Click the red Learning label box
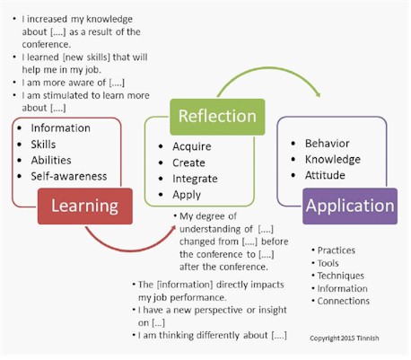[85, 206]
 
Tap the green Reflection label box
[217, 117]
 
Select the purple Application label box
[350, 206]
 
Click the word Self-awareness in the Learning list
[69, 176]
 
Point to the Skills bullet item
[43, 145]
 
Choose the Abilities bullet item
[51, 161]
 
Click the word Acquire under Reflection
[192, 146]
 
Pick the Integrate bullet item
[195, 179]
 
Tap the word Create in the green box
[188, 162]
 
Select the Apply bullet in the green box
[187, 195]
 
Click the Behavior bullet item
[328, 144]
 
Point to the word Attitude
[325, 175]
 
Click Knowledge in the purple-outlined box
[333, 160]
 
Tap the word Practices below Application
[337, 250]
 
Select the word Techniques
[341, 276]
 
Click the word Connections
[344, 301]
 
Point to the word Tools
[328, 263]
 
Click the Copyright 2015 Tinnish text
[345, 338]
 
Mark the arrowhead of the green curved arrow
[319, 94]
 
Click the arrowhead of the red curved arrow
[173, 228]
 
